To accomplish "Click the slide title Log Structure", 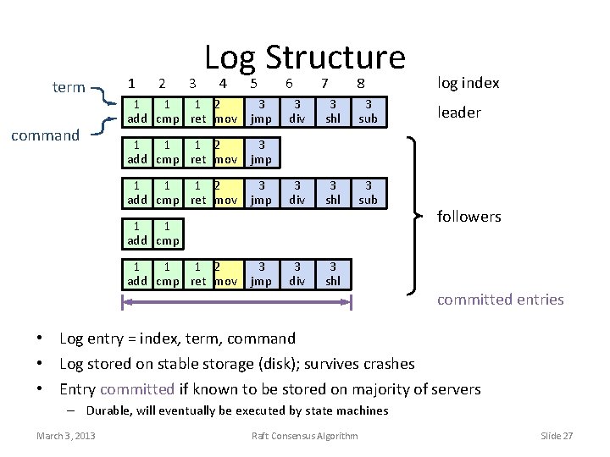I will point(305,58).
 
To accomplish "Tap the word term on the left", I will point(68,88).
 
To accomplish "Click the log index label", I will point(468,82).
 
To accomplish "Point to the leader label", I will point(458,112).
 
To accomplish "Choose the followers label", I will point(469,217).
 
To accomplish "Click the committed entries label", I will point(500,299).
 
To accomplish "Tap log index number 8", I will point(360,83).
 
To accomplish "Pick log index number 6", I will point(289,83).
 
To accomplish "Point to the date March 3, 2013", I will point(66,436).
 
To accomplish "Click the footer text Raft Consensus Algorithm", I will point(305,436).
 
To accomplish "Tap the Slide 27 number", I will point(557,436).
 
